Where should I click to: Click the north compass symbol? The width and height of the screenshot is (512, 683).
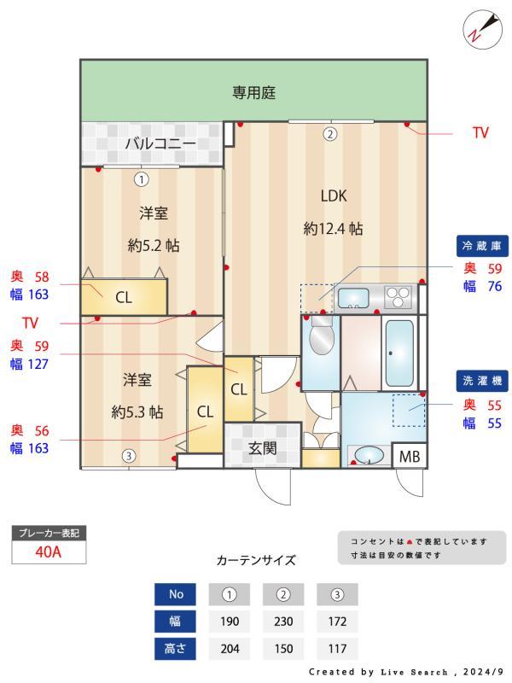point(476,28)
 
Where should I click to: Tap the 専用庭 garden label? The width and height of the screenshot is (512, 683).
point(254,92)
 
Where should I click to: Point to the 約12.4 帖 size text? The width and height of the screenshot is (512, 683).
point(333,229)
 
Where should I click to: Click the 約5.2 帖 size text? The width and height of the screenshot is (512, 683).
point(154,246)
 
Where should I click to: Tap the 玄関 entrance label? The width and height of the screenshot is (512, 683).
point(262,447)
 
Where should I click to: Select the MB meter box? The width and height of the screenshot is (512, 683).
point(410,457)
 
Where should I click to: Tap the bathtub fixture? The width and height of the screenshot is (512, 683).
point(399,353)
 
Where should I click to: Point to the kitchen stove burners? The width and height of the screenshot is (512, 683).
point(399,297)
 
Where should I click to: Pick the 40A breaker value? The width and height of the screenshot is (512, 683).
point(49,552)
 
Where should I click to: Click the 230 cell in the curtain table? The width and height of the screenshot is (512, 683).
point(284,621)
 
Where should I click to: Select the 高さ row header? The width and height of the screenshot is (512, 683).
point(175,648)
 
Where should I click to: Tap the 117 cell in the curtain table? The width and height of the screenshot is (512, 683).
point(337,648)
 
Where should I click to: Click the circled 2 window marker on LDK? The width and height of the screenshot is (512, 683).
point(329,133)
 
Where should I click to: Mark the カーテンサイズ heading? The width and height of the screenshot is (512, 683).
point(256,560)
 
